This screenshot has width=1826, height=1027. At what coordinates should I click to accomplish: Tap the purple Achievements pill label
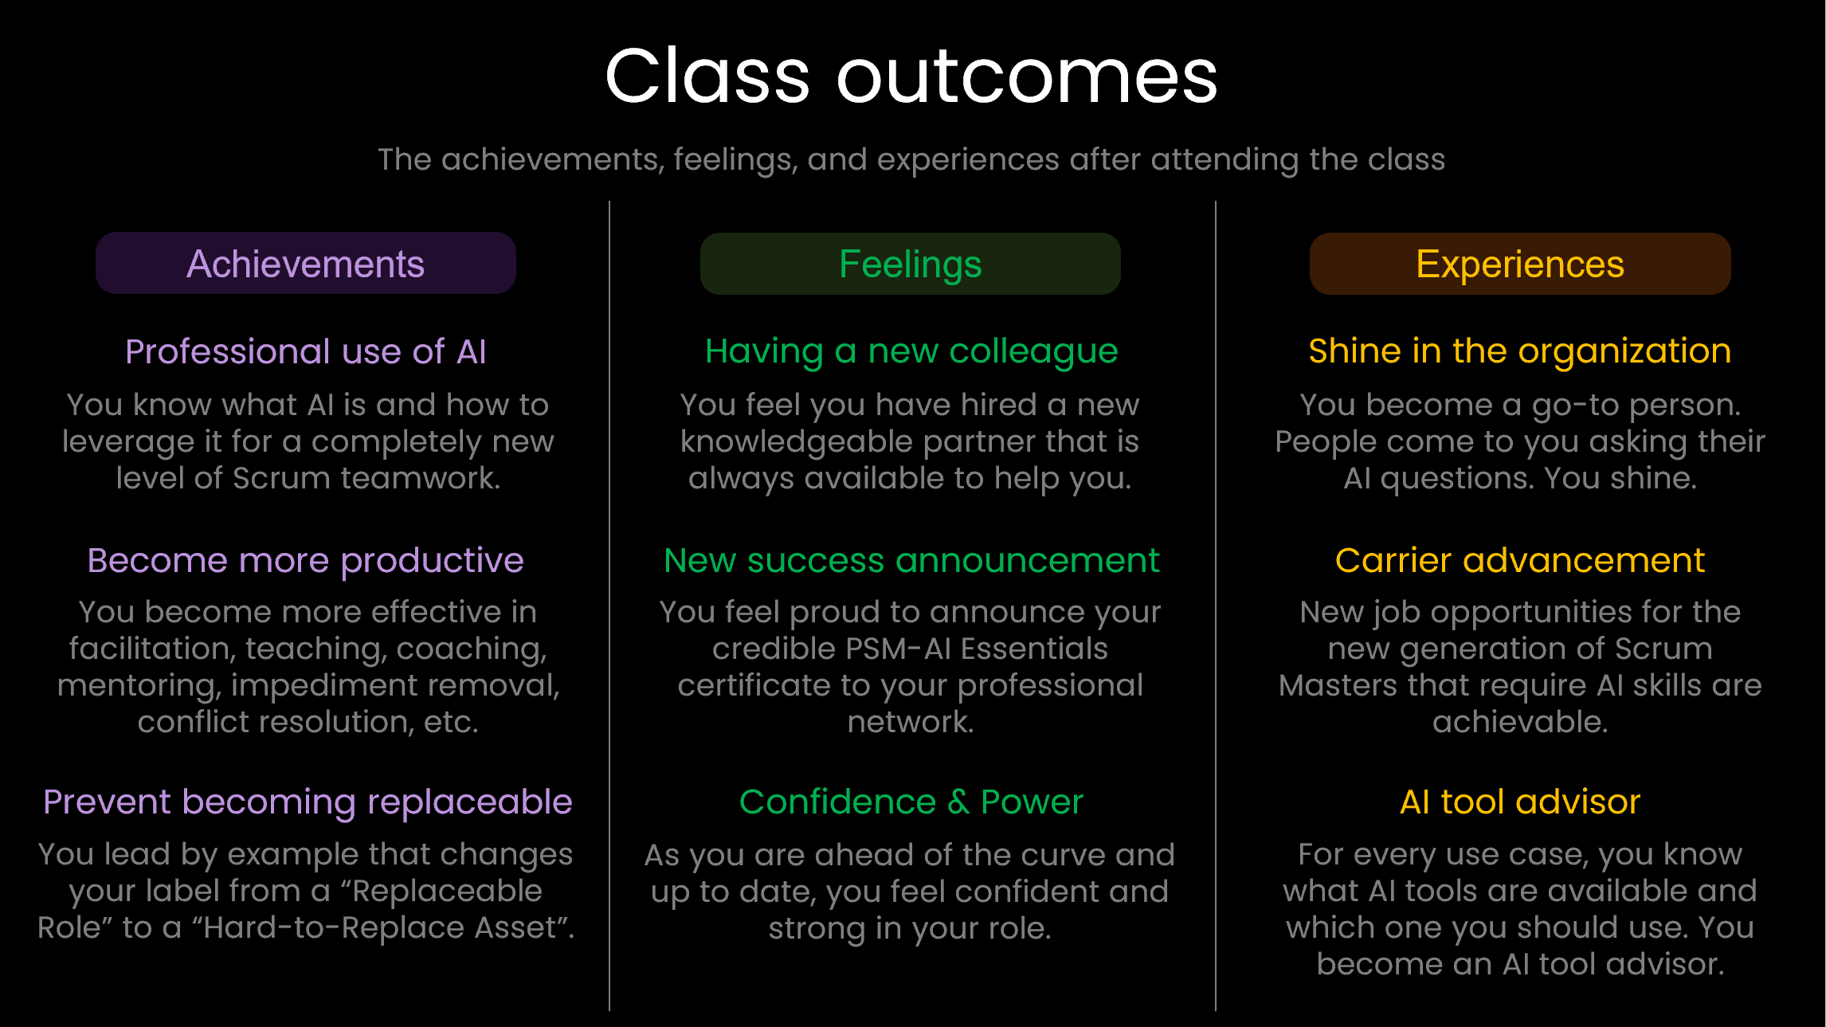305,264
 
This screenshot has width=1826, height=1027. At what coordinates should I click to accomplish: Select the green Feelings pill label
910,264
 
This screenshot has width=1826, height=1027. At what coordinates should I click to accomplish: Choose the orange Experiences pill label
1519,264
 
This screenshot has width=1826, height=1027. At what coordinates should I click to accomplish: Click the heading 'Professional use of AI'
305,351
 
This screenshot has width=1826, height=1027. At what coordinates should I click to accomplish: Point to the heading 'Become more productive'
305,560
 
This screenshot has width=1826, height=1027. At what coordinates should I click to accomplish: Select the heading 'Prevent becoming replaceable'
308,802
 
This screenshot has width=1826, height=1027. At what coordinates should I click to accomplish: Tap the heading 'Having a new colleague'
911,351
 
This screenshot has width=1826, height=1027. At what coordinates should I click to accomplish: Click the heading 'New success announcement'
911,560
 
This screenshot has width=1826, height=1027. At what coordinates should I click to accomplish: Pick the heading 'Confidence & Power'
911,802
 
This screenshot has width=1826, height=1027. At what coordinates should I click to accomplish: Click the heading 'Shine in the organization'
1519,351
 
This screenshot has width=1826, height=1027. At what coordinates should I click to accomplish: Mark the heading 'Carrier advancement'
1519,560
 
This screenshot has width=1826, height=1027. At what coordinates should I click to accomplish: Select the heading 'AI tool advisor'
1519,802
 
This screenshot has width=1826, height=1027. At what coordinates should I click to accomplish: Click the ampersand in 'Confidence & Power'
958,802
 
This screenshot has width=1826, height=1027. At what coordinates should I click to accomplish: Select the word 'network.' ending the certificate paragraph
910,722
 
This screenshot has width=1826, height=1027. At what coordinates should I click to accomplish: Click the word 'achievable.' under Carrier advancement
1519,722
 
